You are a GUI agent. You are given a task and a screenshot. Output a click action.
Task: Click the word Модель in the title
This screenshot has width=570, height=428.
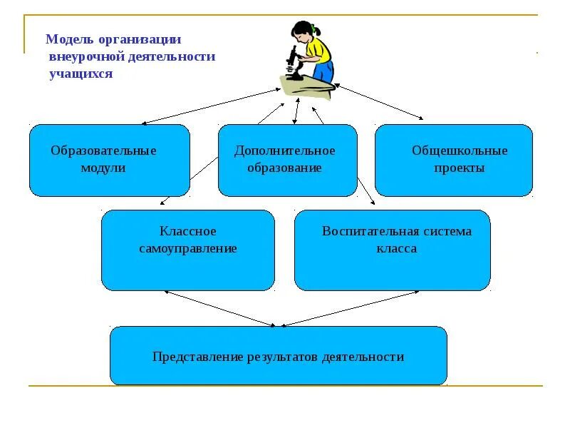65,41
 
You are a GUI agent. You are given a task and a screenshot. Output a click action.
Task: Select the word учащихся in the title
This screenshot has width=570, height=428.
81,73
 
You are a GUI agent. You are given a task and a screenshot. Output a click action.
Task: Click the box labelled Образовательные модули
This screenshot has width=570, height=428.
109,160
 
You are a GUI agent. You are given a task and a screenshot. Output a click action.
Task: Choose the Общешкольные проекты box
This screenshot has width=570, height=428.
453,160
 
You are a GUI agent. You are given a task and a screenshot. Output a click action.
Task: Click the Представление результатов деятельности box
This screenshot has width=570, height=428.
278,356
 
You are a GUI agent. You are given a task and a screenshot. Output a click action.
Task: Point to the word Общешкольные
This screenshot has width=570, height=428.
460,151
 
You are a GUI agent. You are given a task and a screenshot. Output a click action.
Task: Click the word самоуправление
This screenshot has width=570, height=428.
188,249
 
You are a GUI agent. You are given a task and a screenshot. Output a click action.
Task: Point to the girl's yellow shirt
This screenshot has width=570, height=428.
318,51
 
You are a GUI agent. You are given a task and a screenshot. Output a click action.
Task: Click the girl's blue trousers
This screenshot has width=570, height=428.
323,71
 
